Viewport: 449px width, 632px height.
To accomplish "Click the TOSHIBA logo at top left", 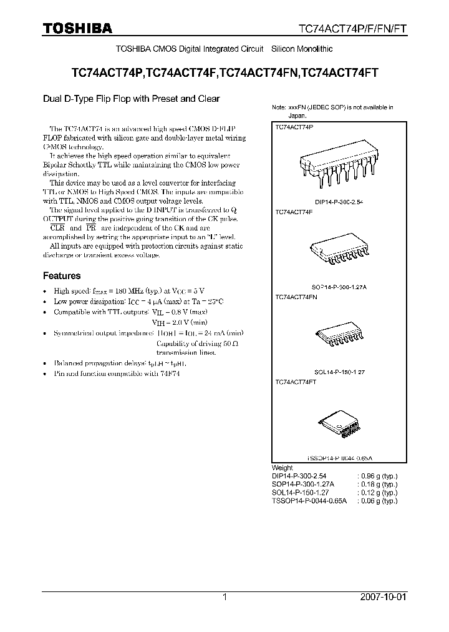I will tap(78, 28).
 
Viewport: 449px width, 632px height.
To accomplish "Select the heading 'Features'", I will tap(61, 275).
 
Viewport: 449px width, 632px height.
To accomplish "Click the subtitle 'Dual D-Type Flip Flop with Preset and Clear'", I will tap(131, 99).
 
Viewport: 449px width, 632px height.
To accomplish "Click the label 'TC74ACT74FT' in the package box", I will tap(296, 382).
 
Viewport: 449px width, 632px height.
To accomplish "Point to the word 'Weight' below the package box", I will tap(282, 467).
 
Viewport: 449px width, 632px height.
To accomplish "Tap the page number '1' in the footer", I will tap(224, 597).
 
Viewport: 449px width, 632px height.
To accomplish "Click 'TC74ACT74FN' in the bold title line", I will tap(260, 72).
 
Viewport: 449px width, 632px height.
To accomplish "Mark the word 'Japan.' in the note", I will tap(297, 116).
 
